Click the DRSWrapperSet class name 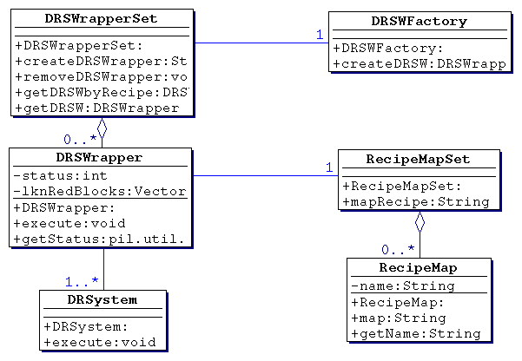[x=102, y=19]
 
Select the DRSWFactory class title [x=419, y=21]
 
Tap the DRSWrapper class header [x=99, y=157]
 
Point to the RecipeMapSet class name [x=419, y=159]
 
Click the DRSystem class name [x=102, y=299]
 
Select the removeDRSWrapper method [x=102, y=76]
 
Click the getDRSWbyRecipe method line [x=102, y=92]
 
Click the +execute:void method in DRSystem [x=99, y=342]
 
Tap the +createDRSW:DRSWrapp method [x=419, y=63]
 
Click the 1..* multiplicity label [x=82, y=281]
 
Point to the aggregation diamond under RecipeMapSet [x=420, y=221]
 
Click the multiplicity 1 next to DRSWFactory [x=319, y=35]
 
